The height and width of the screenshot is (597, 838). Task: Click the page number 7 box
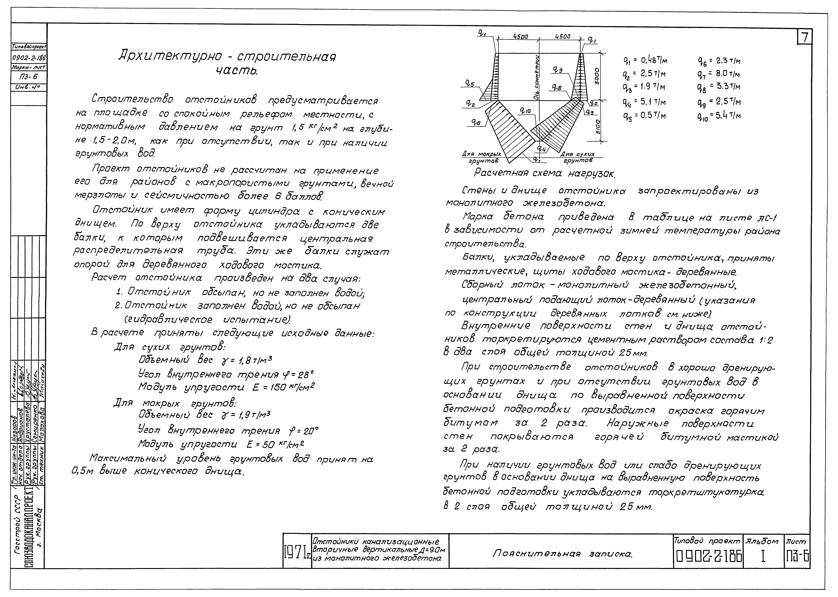(x=805, y=37)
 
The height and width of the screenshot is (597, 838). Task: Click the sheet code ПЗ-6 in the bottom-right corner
(x=797, y=558)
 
